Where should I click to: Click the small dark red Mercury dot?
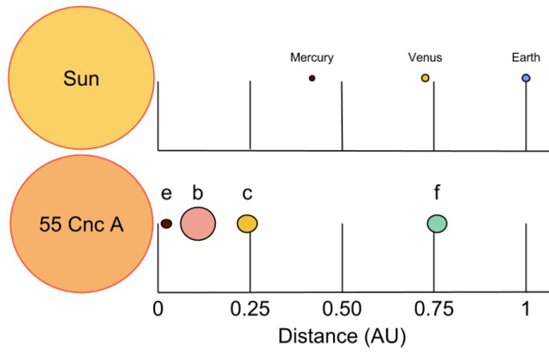tap(312, 78)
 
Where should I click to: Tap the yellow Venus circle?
tap(425, 78)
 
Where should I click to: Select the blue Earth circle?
tap(526, 78)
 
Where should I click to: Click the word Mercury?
tap(312, 57)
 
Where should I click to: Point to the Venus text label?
tap(425, 57)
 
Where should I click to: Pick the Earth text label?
tap(526, 57)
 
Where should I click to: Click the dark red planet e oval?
tap(166, 224)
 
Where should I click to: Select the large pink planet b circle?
tap(198, 224)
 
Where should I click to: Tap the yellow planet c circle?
tap(248, 224)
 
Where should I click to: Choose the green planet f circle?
tap(437, 224)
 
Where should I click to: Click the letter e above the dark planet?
tap(166, 194)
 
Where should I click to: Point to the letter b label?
tap(198, 192)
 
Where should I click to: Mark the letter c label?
tap(248, 194)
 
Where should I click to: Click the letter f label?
tap(437, 192)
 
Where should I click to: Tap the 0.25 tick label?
tap(249, 309)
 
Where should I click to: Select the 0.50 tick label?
tap(342, 309)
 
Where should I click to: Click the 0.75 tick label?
tap(434, 309)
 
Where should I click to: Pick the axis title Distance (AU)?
tap(342, 336)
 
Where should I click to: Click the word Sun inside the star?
tap(81, 79)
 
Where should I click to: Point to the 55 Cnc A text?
tap(81, 225)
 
